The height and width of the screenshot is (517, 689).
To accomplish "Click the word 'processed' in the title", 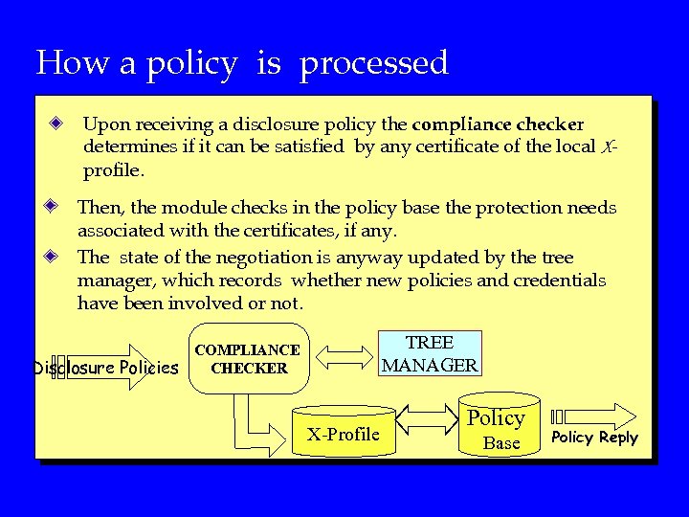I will [374, 63].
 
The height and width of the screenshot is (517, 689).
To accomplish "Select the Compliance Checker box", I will [249, 358].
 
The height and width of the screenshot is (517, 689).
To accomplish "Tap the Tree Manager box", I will [430, 353].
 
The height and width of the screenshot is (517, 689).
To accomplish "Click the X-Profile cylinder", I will [343, 434].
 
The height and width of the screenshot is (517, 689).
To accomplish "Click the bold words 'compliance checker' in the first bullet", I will [498, 124].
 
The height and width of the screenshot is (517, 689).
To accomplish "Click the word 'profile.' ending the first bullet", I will [114, 171].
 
